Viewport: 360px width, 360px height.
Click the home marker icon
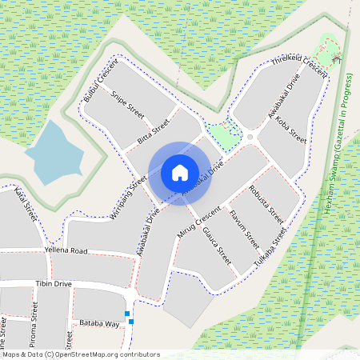[x=180, y=173]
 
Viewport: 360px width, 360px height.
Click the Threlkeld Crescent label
[x=300, y=66]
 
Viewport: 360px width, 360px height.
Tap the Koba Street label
[x=290, y=125]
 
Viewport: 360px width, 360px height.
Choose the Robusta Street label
[x=267, y=204]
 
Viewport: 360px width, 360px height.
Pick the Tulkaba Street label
[x=270, y=247]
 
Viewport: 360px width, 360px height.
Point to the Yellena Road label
[x=66, y=250]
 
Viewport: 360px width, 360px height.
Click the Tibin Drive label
[x=54, y=284]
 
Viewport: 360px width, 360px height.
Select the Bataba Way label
[x=99, y=324]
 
